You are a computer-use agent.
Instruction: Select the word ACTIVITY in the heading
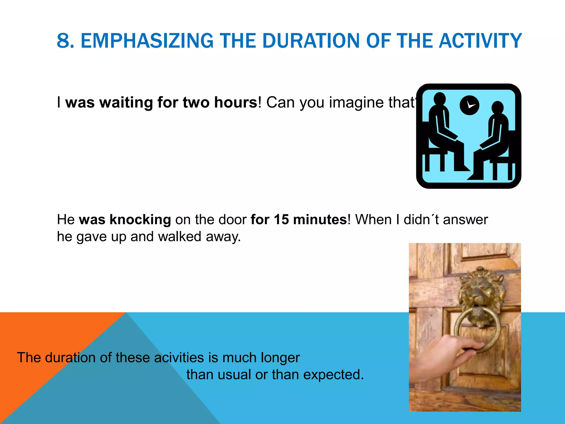(x=480, y=41)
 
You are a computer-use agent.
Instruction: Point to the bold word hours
(x=236, y=103)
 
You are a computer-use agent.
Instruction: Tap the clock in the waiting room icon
(x=469, y=105)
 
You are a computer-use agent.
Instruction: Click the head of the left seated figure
(x=439, y=99)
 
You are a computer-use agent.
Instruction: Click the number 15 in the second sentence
(x=281, y=220)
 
